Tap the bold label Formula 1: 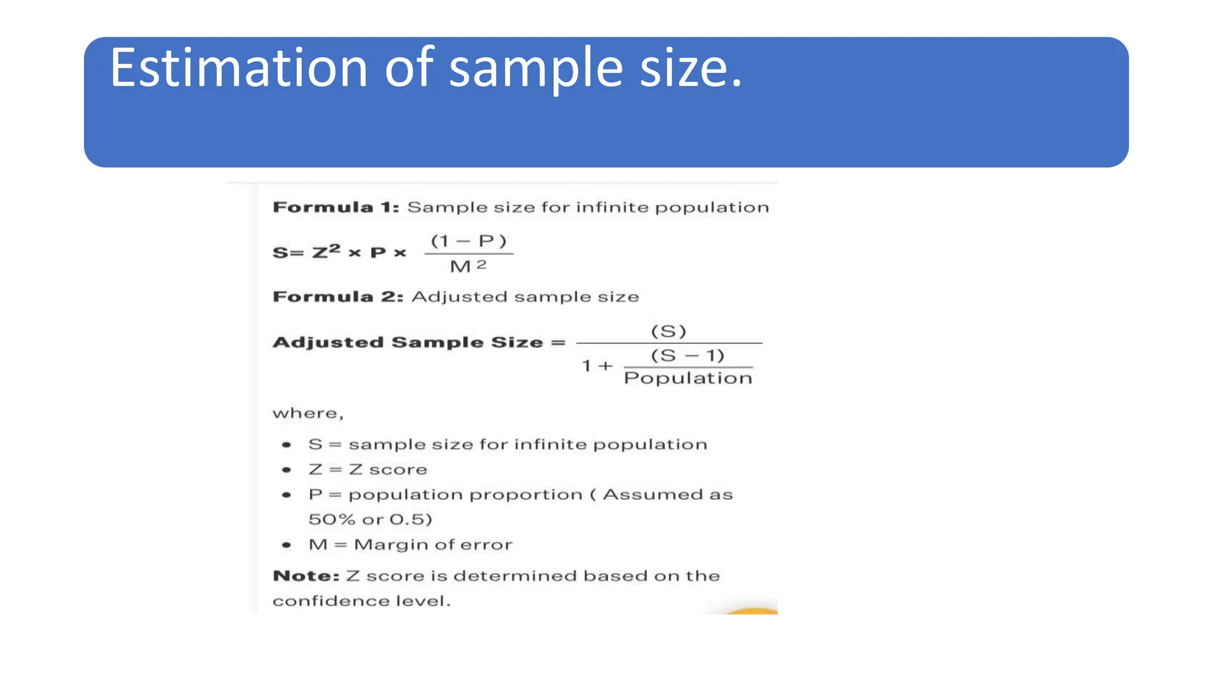pyautogui.click(x=336, y=207)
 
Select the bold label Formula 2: pyautogui.click(x=338, y=297)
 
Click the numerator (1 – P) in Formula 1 pyautogui.click(x=468, y=241)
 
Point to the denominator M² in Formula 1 pyautogui.click(x=468, y=266)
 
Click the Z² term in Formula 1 pyautogui.click(x=326, y=252)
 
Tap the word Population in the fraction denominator pyautogui.click(x=688, y=378)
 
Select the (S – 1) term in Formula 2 pyautogui.click(x=688, y=355)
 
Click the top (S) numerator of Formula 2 pyautogui.click(x=669, y=331)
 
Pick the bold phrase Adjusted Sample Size pyautogui.click(x=407, y=342)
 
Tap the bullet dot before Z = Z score pyautogui.click(x=287, y=470)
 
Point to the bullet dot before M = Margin pyautogui.click(x=287, y=545)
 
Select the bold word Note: pyautogui.click(x=306, y=576)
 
